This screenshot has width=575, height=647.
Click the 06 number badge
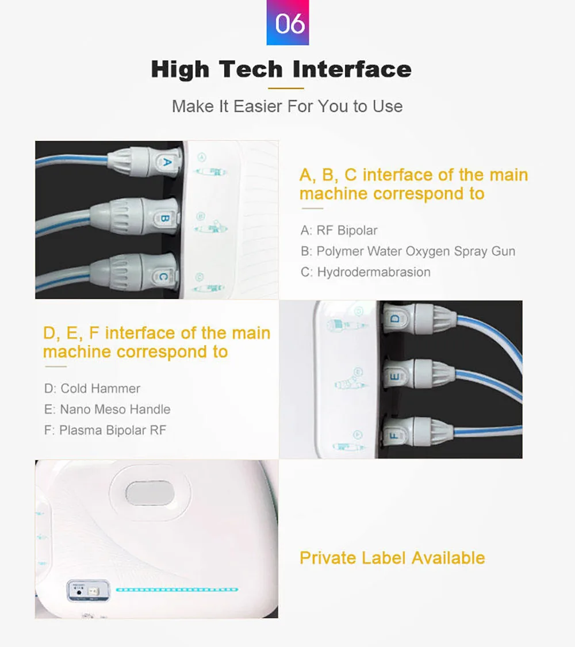point(287,22)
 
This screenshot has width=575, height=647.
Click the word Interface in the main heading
point(352,69)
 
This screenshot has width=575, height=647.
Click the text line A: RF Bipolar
point(339,230)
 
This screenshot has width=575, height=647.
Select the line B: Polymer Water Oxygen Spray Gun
point(408,251)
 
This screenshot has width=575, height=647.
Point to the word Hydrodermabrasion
point(374,272)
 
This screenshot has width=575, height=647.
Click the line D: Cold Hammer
point(92,388)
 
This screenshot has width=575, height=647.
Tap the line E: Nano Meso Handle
point(108,409)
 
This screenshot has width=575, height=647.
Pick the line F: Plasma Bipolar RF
point(105,430)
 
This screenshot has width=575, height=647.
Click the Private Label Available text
point(392,558)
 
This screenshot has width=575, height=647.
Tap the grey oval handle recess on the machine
point(149,493)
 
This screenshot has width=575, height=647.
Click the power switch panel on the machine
point(89,591)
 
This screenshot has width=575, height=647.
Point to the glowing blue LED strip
point(177,589)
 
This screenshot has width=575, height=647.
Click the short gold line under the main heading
point(286,88)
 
